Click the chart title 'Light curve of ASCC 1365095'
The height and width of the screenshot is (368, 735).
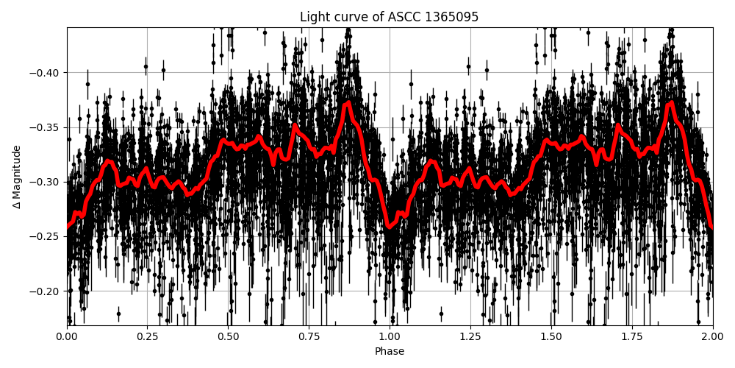click(389, 17)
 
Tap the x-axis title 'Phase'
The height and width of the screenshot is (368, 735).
click(389, 352)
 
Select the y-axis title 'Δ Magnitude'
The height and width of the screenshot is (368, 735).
click(17, 177)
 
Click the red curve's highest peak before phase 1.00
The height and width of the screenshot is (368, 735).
click(348, 102)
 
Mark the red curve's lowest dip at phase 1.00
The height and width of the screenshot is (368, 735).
click(390, 227)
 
